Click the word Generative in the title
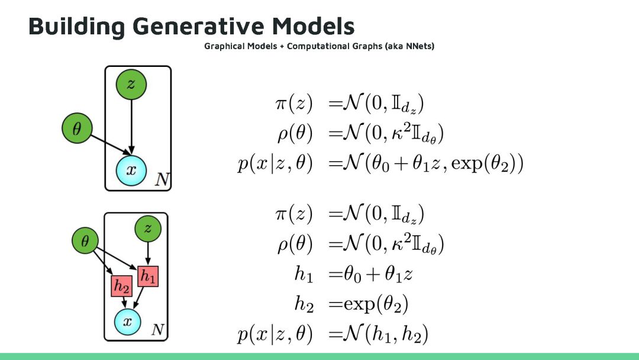(198, 26)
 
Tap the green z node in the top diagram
(131, 84)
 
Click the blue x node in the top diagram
(131, 170)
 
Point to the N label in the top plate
(162, 180)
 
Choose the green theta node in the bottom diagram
(86, 241)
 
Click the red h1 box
(148, 276)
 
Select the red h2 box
(122, 287)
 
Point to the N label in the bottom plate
(157, 330)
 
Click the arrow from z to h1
(148, 255)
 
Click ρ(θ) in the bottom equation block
(294, 245)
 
